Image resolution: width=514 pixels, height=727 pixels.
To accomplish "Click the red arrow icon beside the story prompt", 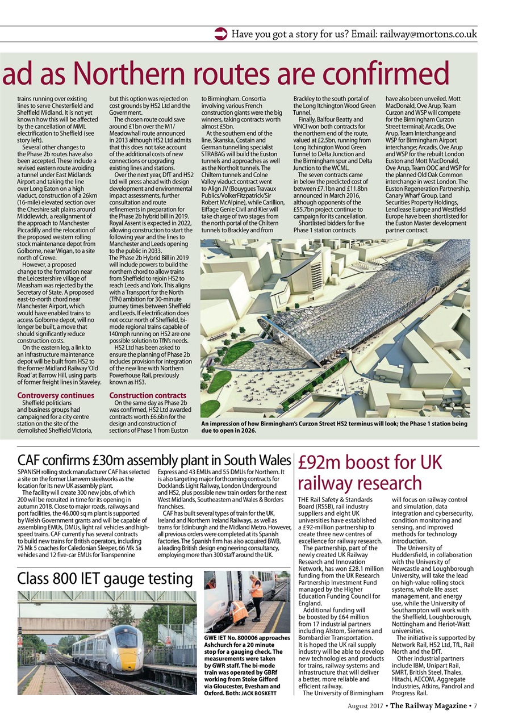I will [x=221, y=34].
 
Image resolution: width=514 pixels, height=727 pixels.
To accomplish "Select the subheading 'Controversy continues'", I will [x=56, y=395].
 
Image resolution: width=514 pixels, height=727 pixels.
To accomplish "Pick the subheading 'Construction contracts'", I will [x=148, y=395].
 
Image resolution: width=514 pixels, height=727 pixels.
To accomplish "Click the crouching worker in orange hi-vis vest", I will [x=240, y=612].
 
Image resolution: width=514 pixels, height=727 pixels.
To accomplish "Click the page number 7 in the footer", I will [x=475, y=706].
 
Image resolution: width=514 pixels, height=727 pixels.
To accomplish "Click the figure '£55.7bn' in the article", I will [x=306, y=210].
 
